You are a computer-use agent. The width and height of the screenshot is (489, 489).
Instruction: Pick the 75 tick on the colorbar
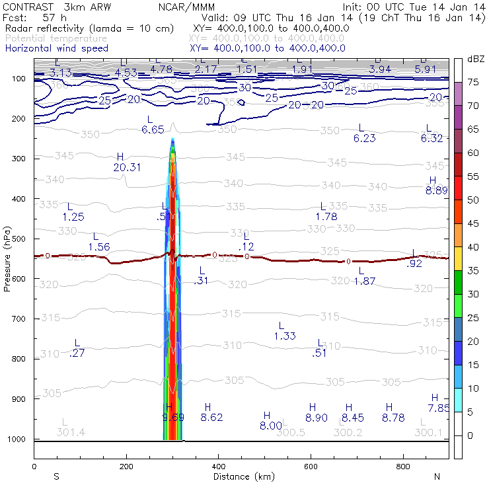[472, 83]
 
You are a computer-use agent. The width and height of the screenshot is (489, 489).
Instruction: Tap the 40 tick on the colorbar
[472, 246]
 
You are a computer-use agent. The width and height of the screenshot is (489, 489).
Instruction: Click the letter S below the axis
[56, 476]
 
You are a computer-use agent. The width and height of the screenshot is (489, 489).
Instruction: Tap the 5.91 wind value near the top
[426, 69]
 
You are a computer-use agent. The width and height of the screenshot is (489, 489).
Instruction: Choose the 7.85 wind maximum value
[438, 408]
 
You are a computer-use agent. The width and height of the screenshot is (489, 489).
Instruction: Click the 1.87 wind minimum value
[365, 282]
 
